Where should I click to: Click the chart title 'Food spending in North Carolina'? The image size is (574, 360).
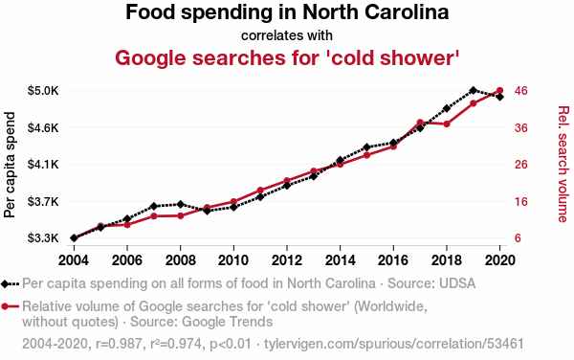point(287,12)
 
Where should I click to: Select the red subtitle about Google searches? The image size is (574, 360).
point(287,58)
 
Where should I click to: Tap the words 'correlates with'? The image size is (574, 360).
point(287,35)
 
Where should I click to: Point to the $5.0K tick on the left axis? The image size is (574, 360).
point(43,90)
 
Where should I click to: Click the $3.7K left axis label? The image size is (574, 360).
point(43,201)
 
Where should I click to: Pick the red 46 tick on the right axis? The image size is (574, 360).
point(521,90)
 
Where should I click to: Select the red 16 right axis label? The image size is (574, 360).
point(521,201)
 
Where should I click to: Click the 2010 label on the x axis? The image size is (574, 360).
point(233,260)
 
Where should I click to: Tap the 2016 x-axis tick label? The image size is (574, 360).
point(393,260)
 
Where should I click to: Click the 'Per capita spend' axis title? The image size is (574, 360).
point(10,165)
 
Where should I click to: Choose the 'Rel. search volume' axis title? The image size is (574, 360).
point(563,164)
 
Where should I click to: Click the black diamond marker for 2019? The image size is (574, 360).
point(474,90)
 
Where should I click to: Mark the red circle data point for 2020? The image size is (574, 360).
point(500,90)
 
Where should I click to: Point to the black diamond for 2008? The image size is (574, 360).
point(181,204)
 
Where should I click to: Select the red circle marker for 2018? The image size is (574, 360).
point(447,124)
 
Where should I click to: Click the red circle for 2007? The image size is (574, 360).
point(154,216)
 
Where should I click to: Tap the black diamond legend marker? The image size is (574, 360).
point(5,283)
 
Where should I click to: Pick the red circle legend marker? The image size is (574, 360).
point(5,306)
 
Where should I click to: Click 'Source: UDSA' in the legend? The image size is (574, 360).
point(431,283)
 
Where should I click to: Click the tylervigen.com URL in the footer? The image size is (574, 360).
point(394,344)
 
